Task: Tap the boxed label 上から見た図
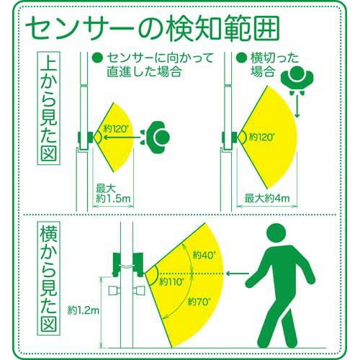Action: point(48,112)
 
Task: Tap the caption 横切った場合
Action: point(266,65)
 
